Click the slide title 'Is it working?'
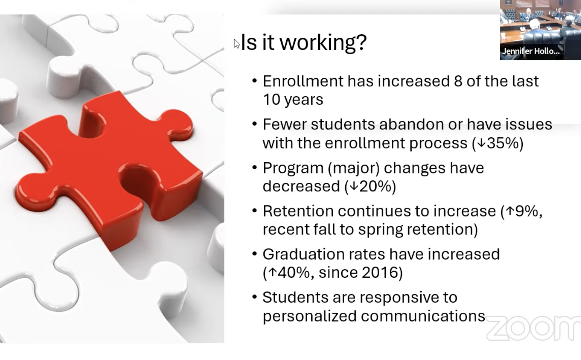pos(303,42)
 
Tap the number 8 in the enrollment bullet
pos(458,81)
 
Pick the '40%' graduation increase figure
pos(293,272)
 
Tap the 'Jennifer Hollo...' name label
pos(531,51)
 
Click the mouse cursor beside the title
pos(236,44)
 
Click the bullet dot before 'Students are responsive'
pos(255,297)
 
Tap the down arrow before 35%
pos(481,143)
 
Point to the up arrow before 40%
pos(272,272)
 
